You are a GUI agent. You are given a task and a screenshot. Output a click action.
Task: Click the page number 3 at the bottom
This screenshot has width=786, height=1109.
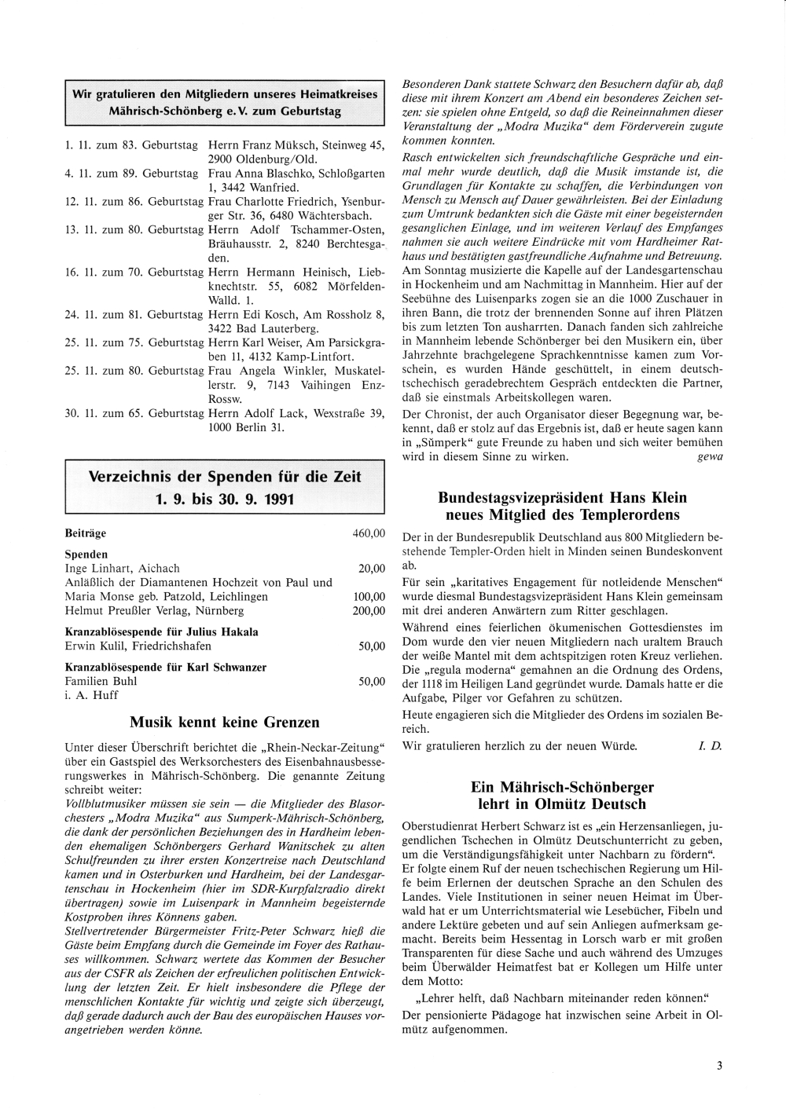click(718, 1066)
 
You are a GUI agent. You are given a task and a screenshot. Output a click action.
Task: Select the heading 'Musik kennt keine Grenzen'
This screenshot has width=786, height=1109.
click(224, 722)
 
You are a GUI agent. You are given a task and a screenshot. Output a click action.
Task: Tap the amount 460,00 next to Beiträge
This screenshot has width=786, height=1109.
click(369, 533)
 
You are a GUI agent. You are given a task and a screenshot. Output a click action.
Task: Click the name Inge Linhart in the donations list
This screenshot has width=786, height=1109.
click(95, 569)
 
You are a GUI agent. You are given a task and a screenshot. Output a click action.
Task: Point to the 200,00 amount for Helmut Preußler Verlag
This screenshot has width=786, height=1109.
click(369, 611)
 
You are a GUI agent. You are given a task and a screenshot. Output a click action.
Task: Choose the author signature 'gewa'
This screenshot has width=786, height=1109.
click(710, 456)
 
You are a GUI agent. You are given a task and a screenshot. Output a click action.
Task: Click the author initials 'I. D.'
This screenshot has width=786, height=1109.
click(710, 745)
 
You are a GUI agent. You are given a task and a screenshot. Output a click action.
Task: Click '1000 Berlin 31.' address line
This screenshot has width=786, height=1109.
click(246, 427)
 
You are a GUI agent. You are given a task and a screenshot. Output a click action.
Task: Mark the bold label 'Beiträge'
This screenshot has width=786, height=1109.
click(85, 533)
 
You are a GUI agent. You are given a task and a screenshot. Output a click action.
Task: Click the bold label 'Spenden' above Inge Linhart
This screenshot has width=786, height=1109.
click(86, 554)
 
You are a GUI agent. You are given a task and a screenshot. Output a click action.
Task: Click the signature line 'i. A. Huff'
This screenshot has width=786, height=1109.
click(91, 695)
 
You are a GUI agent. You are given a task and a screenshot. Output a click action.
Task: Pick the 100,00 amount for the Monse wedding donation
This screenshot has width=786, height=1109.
click(369, 597)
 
